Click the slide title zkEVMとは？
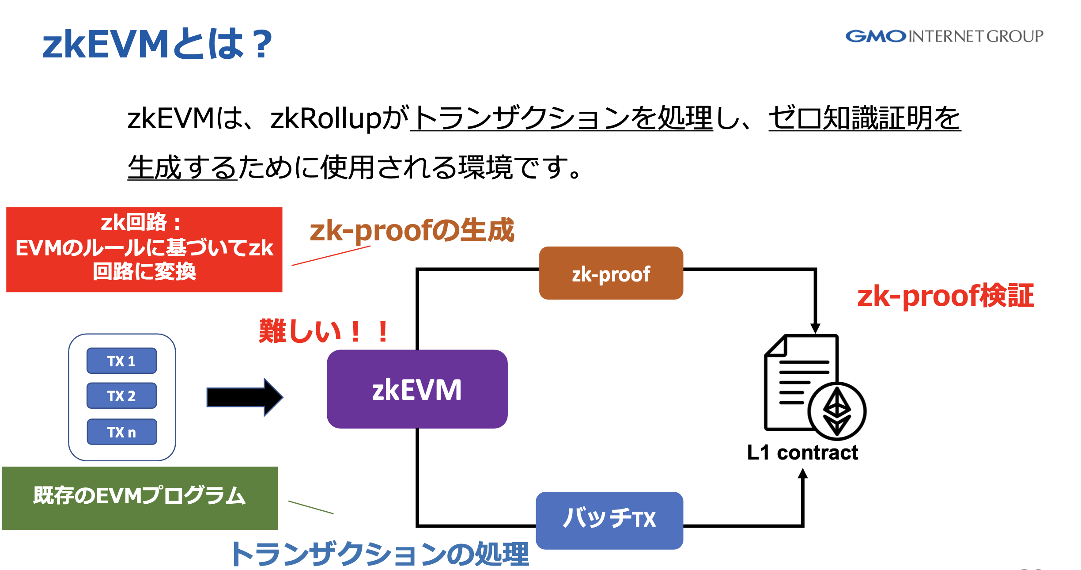(x=157, y=44)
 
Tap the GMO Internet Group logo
(x=944, y=36)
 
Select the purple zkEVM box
(x=417, y=389)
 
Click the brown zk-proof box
(x=611, y=274)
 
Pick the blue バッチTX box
(x=609, y=520)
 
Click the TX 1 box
(x=121, y=361)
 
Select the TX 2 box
(x=121, y=396)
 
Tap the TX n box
(x=121, y=432)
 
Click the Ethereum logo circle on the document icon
(x=837, y=411)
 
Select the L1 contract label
(x=802, y=452)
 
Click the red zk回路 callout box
(x=144, y=249)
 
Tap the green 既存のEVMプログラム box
(x=140, y=498)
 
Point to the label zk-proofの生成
(x=412, y=230)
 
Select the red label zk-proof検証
(x=945, y=296)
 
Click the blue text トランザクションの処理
(x=380, y=553)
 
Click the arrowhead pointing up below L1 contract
(x=803, y=474)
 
